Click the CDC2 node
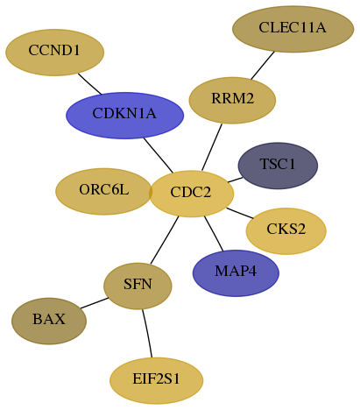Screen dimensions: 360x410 pos(192,194)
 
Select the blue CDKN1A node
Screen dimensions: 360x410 pos(124,116)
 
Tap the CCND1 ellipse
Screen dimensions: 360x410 pos(55,53)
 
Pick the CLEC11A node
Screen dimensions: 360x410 pos(293,29)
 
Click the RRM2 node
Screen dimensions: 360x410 pos(232,100)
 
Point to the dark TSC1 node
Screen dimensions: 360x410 pos(278,166)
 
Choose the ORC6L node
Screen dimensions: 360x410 pos(103,191)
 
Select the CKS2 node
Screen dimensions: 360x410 pos(286,231)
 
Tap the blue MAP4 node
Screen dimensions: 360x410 pos(236,273)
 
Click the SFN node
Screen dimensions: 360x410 pos(138,286)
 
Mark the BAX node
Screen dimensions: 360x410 pos(49,321)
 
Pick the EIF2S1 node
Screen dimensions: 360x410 pos(156,380)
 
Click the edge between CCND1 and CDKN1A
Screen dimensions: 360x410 pos(89,84)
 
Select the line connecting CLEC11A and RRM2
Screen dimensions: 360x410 pos(263,65)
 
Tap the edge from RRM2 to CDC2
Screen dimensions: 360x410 pos(212,147)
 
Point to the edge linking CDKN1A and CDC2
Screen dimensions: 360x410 pos(159,155)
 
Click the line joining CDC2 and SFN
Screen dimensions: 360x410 pos(165,240)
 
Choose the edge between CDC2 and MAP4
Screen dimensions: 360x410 pos(214,233)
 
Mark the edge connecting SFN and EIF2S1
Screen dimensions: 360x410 pos(147,333)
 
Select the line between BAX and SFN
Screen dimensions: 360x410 pos(95,303)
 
